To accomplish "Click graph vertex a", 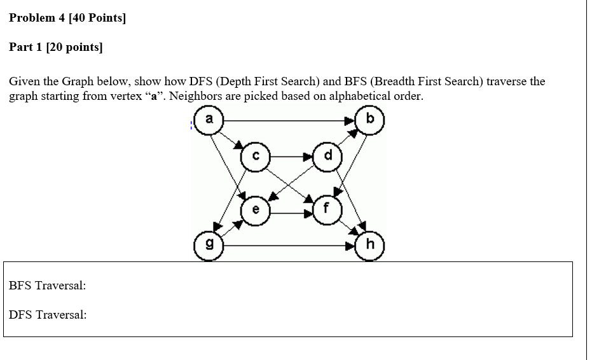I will (208, 119).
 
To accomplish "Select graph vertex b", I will (371, 119).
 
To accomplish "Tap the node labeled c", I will (256, 156).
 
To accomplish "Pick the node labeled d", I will (327, 156).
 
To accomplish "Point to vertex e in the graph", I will (256, 209).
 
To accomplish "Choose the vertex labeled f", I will (327, 209).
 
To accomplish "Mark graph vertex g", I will (208, 245).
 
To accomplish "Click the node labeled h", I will (371, 245).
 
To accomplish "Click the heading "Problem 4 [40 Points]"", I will (67, 18).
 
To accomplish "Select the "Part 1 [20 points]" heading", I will (55, 48).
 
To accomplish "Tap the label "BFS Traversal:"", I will (48, 286).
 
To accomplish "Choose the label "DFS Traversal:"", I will (48, 315).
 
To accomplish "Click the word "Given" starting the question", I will (25, 82).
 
